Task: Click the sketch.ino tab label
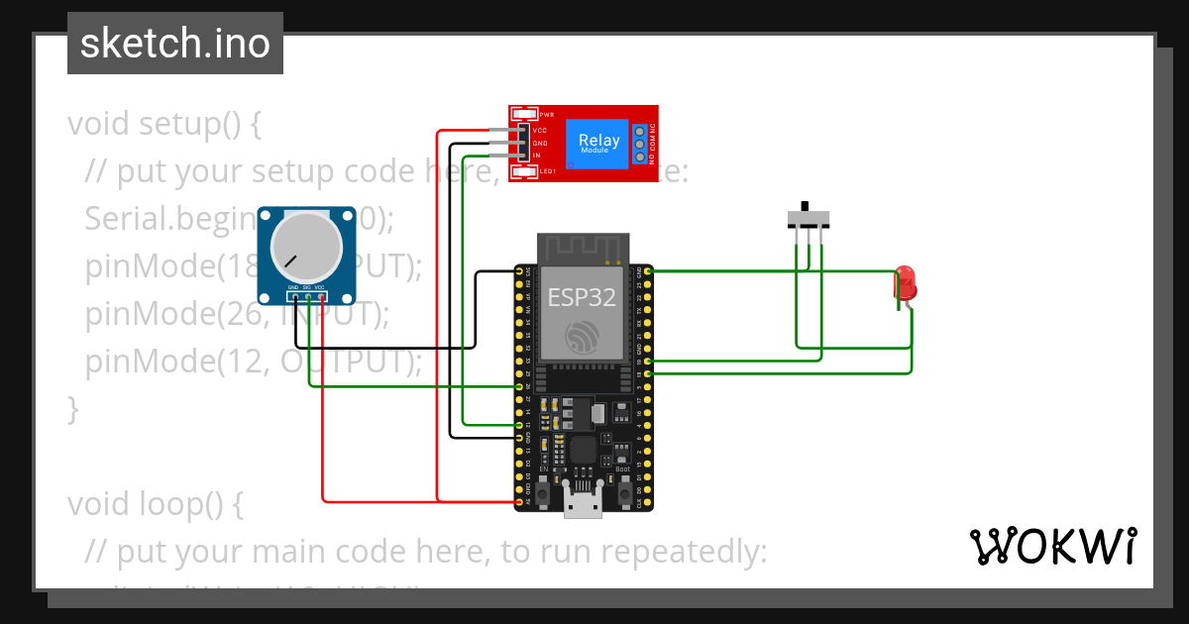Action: click(x=174, y=44)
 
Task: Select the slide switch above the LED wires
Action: click(x=809, y=218)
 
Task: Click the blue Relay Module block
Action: click(x=598, y=144)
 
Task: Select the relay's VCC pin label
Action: click(x=540, y=131)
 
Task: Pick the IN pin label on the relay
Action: click(x=537, y=156)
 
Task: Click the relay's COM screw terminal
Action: click(x=640, y=144)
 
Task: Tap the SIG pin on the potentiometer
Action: click(x=308, y=296)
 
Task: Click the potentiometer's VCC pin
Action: click(x=322, y=296)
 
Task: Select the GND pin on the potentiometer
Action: click(x=294, y=296)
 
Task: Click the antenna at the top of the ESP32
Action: click(x=584, y=248)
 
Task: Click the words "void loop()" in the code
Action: click(x=155, y=504)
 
